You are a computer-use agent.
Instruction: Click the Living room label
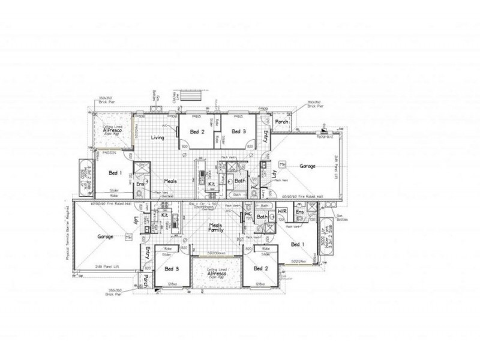pos(158,137)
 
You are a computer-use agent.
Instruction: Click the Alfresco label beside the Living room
pos(112,130)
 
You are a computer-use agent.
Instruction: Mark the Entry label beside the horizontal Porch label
pos(267,135)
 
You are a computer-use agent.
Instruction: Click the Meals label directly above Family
pos(215,226)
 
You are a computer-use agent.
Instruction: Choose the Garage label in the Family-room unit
pos(106,237)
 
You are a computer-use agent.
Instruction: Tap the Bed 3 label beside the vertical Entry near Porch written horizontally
pos(239,131)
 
